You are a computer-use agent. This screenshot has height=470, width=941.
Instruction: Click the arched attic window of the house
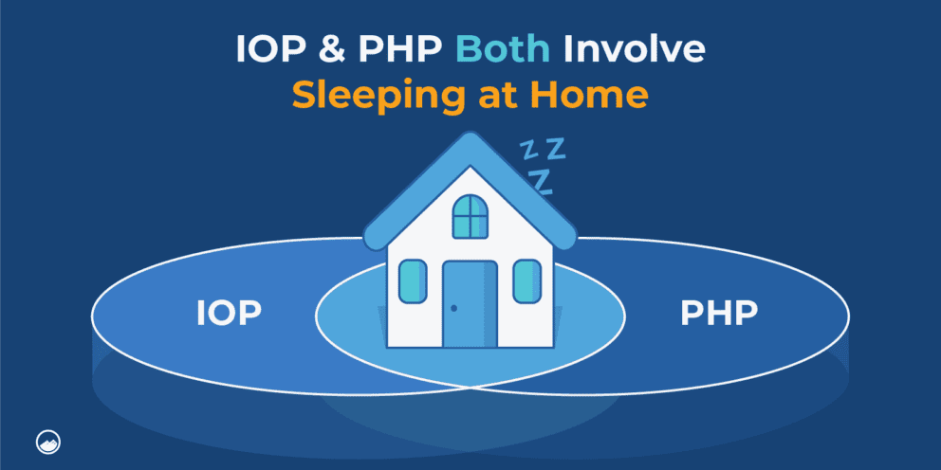tap(470, 216)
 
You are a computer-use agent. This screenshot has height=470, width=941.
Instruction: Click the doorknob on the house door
tap(454, 308)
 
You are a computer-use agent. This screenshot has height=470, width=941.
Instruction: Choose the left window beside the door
tap(413, 281)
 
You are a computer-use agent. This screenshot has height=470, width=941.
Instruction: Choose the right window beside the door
tap(527, 281)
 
